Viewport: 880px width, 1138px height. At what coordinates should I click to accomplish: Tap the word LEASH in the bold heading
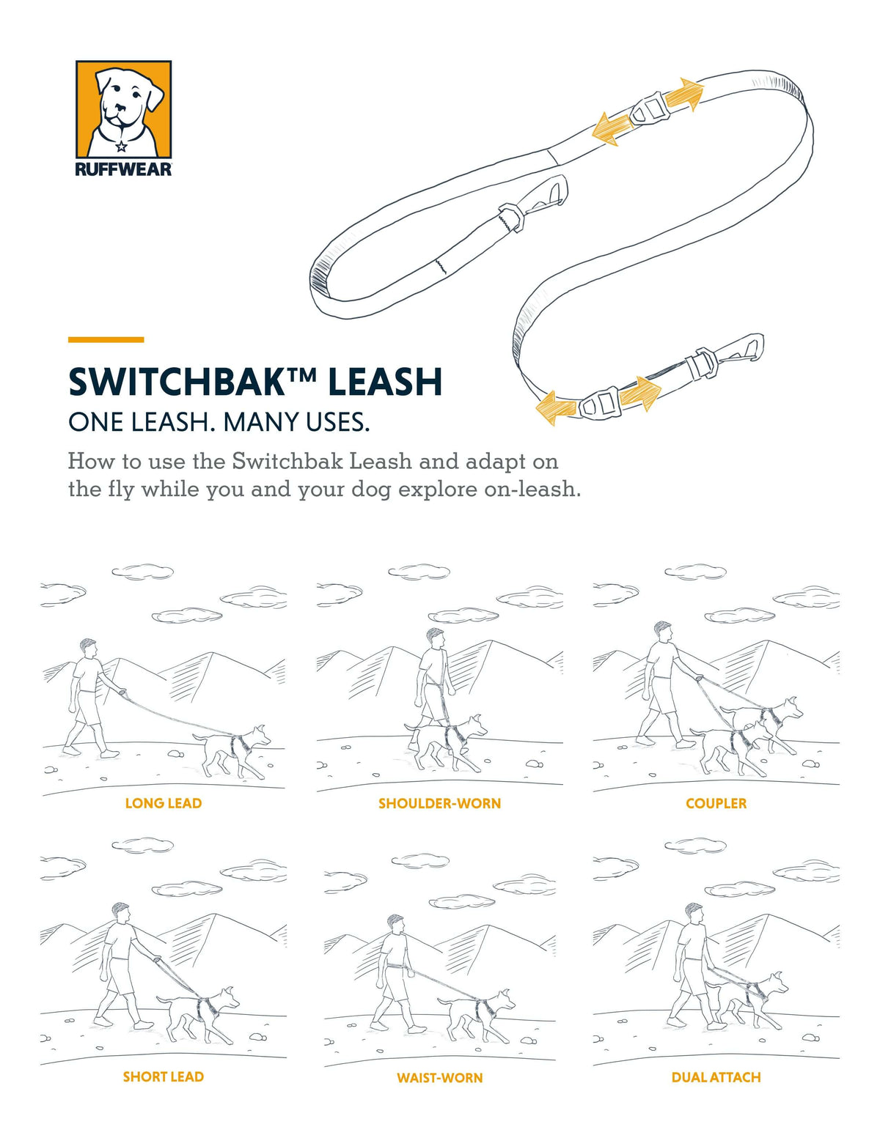click(x=384, y=382)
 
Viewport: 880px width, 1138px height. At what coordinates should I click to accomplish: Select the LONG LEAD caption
click(x=163, y=803)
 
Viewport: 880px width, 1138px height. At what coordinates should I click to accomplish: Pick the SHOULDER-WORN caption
click(x=439, y=803)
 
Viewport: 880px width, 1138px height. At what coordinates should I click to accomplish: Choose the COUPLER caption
click(x=716, y=803)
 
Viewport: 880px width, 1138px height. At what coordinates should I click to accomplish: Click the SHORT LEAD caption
click(x=163, y=1076)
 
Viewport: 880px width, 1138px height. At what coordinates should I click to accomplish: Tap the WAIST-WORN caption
click(x=439, y=1077)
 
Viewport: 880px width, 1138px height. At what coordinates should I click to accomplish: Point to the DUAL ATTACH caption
click(x=716, y=1077)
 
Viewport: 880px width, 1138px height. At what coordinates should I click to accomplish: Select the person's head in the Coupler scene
click(x=663, y=631)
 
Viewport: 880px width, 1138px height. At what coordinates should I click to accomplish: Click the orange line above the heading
click(x=106, y=339)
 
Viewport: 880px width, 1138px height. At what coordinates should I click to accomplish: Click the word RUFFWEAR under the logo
click(x=123, y=169)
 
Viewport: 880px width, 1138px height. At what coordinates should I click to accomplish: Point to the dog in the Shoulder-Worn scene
click(x=447, y=740)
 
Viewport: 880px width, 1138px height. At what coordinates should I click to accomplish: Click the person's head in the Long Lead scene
click(x=89, y=648)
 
